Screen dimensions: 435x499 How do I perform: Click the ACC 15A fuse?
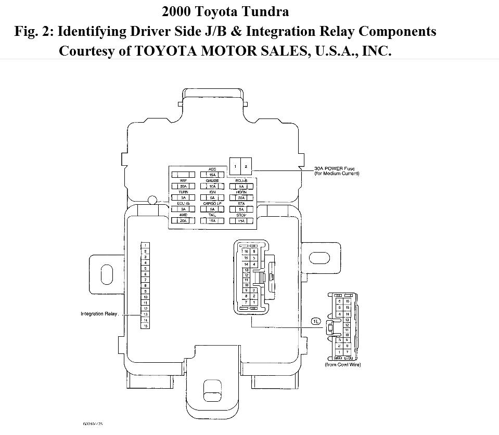[x=212, y=175]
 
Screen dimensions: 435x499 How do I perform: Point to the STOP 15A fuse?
[x=240, y=221]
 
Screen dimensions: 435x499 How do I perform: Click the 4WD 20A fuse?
[x=183, y=221]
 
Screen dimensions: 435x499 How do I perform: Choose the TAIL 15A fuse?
[x=212, y=221]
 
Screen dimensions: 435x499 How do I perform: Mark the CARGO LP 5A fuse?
[x=212, y=209]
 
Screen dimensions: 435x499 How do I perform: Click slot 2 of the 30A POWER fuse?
[x=246, y=166]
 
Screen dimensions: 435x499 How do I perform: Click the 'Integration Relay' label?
[x=100, y=314]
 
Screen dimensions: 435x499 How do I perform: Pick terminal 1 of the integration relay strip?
[x=145, y=245]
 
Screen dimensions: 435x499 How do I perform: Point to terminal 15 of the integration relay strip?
[x=145, y=326]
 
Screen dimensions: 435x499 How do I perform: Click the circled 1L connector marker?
[x=315, y=321]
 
